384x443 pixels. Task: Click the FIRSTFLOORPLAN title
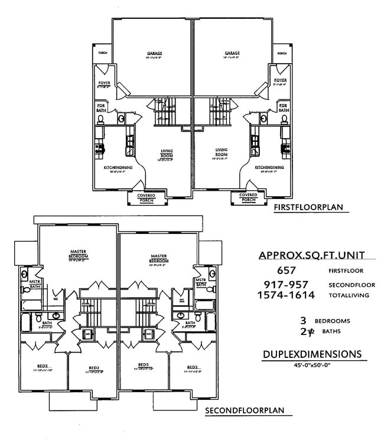pos(308,207)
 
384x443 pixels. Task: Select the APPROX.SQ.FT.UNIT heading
pos(311,255)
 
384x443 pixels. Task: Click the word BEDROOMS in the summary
pos(333,321)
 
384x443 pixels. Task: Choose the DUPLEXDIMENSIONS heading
pos(311,354)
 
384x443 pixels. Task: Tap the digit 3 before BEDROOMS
pos(303,321)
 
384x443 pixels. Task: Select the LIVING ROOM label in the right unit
pos(222,152)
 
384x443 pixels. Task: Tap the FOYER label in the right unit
pos(280,80)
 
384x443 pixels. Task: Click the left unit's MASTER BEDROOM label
pos(78,254)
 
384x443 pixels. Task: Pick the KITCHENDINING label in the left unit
pos(118,167)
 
